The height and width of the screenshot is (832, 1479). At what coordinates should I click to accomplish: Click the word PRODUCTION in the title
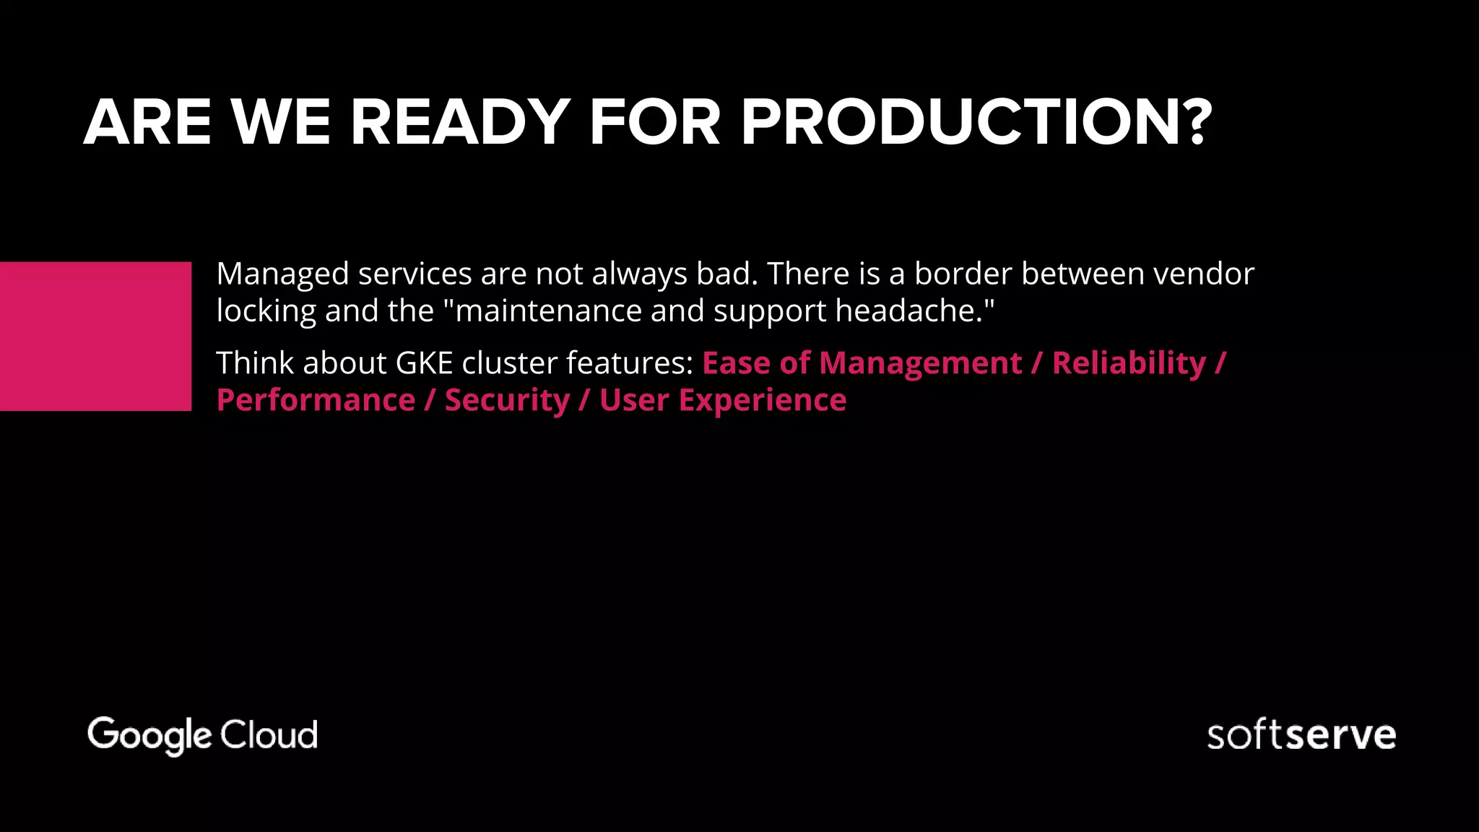click(x=960, y=123)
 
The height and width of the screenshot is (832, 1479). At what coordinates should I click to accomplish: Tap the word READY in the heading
click(x=460, y=123)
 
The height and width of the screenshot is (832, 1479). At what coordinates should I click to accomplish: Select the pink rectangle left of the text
click(x=95, y=336)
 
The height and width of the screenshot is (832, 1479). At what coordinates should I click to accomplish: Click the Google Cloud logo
click(x=202, y=735)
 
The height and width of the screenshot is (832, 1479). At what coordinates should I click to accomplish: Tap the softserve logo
click(x=1301, y=735)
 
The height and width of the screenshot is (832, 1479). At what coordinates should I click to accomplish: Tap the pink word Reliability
click(x=1129, y=363)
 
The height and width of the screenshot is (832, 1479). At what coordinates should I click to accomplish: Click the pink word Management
click(x=920, y=363)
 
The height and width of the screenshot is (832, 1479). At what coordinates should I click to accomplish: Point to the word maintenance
click(x=549, y=311)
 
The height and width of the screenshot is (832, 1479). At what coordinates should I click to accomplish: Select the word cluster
click(x=509, y=363)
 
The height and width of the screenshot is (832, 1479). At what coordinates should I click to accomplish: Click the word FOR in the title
click(x=654, y=123)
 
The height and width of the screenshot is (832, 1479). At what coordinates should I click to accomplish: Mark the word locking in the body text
click(x=266, y=311)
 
